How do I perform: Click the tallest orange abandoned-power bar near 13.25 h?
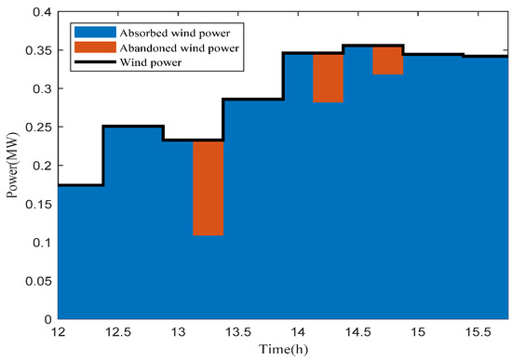[x=208, y=188]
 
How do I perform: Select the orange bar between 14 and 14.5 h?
[x=329, y=78]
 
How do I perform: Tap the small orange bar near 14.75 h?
[x=387, y=60]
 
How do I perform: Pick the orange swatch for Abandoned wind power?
[x=90, y=45]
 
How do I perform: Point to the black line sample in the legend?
[x=90, y=62]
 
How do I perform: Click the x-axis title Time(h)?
[x=283, y=351]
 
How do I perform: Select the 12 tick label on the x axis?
[x=58, y=332]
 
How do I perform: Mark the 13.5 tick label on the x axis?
[x=238, y=332]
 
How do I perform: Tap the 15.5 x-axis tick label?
[x=478, y=332]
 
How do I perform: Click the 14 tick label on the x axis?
[x=298, y=332]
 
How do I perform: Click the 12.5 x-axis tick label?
[x=118, y=332]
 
